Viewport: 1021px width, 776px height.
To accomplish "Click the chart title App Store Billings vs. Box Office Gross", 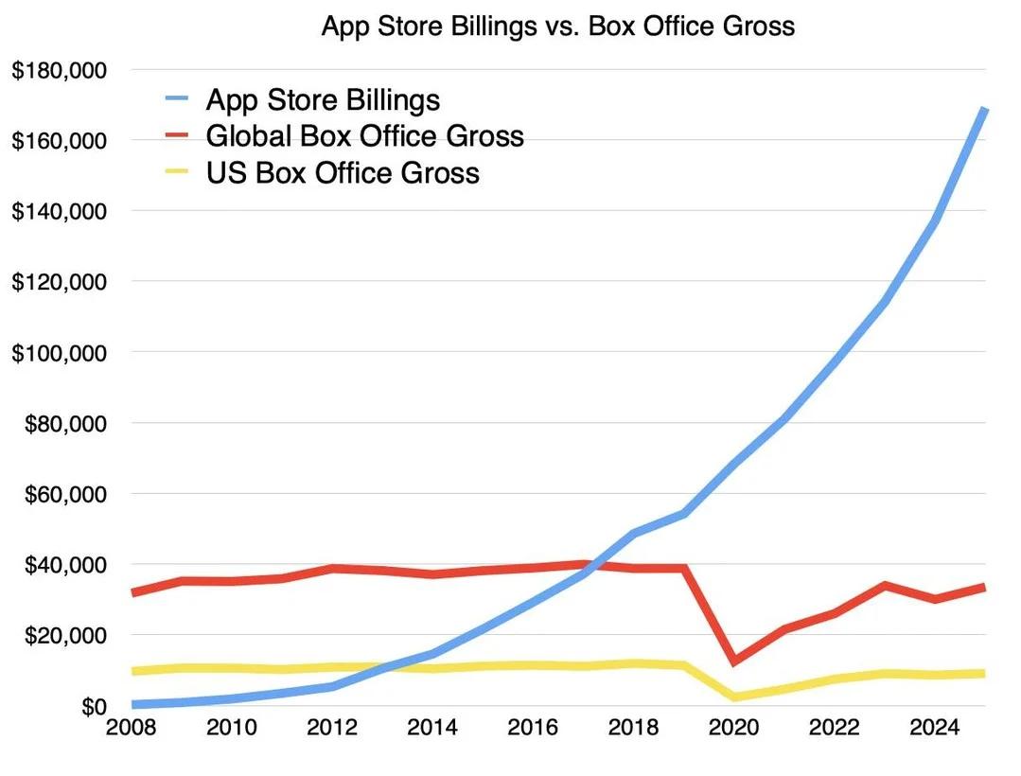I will coord(558,26).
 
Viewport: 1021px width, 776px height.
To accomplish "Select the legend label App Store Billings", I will coord(323,99).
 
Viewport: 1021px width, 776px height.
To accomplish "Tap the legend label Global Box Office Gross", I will coord(364,136).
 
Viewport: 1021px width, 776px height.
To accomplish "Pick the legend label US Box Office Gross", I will coord(343,173).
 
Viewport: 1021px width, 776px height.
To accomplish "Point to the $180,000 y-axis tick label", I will coord(60,70).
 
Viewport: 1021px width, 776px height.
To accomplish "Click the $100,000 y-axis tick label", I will coord(60,352).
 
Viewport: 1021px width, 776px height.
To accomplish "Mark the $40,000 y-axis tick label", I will coord(65,565).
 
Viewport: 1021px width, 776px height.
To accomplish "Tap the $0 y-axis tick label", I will coord(92,706).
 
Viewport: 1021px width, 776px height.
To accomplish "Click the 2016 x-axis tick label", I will coord(533,730).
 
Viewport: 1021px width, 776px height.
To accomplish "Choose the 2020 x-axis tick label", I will coord(733,730).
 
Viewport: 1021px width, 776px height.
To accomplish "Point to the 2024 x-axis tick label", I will coord(934,730).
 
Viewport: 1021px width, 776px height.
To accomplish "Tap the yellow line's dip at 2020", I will coord(734,697).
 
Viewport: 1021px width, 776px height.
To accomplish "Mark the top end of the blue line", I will coord(984,110).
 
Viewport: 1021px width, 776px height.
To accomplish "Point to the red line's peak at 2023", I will coord(885,585).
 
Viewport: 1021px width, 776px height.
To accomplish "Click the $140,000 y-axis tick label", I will coord(60,211).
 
